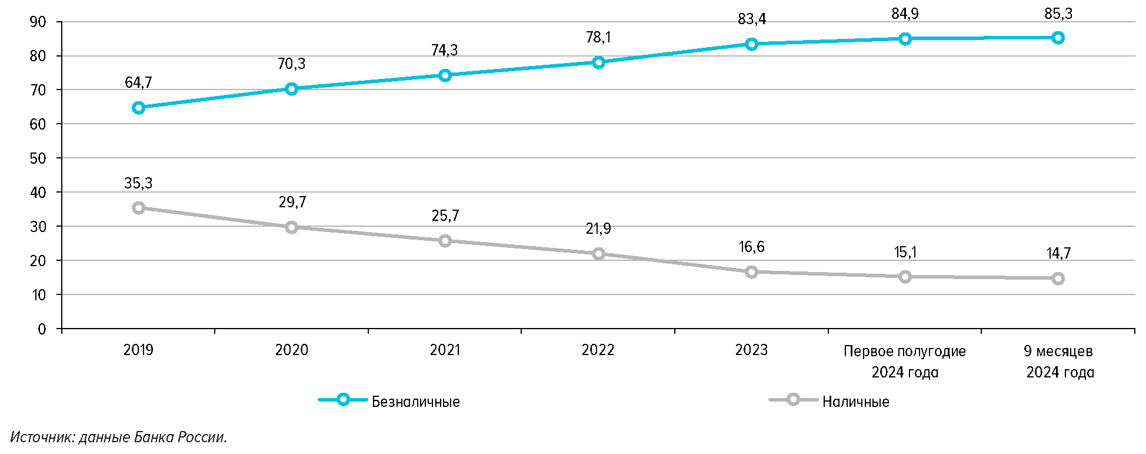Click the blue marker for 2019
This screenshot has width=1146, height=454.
[139, 108]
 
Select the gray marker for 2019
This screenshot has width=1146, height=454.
[139, 208]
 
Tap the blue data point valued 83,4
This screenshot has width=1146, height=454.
[751, 44]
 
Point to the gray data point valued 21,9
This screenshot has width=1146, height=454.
[598, 254]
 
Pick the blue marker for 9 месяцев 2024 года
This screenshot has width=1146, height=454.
[1058, 38]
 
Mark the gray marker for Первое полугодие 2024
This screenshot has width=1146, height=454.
[905, 277]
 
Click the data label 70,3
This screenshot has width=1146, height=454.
[291, 64]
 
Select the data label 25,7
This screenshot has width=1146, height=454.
[445, 216]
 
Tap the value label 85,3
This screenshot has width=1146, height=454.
[1058, 14]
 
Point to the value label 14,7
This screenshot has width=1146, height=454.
[1058, 254]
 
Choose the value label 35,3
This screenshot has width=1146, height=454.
[138, 184]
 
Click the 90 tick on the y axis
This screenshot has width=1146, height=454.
[38, 22]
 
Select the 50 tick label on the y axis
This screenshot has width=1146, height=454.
[38, 158]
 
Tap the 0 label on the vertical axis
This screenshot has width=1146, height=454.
[42, 329]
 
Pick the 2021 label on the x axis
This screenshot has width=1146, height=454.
[445, 350]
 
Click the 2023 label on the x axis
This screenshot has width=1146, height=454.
[751, 350]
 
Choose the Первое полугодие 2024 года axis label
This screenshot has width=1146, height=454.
[904, 362]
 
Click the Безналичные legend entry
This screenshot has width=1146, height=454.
[415, 402]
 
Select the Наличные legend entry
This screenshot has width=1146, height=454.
[855, 402]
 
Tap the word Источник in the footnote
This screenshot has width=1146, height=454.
[41, 438]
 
